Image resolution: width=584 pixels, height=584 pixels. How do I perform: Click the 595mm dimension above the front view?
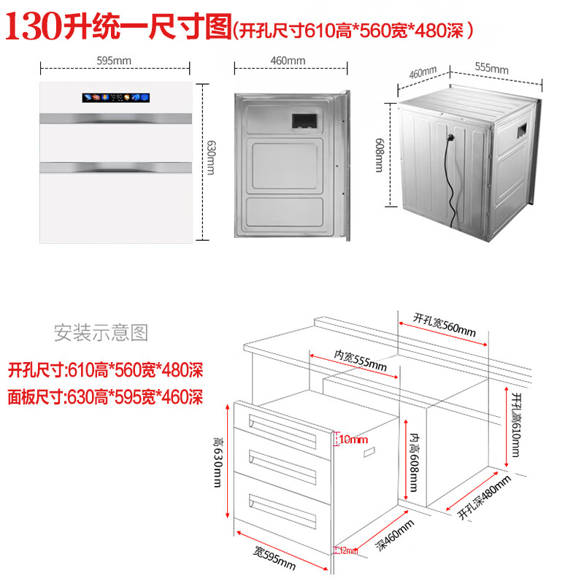click(x=115, y=61)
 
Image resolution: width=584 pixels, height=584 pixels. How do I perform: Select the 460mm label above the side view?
click(x=291, y=61)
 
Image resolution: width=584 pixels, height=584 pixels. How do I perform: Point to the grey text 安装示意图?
click(x=101, y=334)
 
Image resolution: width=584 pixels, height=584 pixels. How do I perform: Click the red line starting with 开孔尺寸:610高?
click(x=104, y=371)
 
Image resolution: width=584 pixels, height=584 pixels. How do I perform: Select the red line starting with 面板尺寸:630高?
click(x=104, y=398)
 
